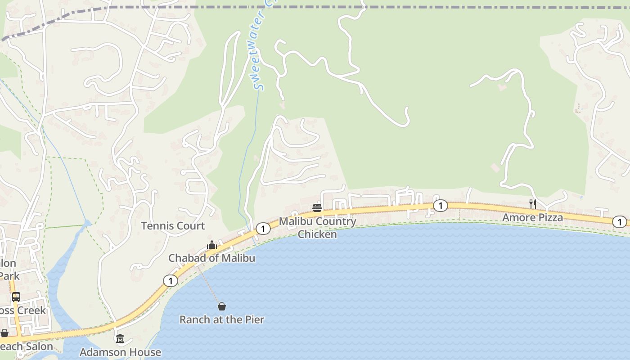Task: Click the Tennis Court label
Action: click(173, 226)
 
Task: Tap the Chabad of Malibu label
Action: click(211, 258)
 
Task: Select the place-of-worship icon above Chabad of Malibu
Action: click(211, 245)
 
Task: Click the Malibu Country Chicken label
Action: click(317, 228)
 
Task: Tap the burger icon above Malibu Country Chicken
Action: click(317, 207)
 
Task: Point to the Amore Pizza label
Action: click(532, 218)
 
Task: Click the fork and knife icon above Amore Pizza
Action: click(532, 204)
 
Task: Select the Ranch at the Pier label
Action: click(221, 319)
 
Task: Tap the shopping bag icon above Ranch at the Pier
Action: click(221, 307)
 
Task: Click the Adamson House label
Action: click(120, 352)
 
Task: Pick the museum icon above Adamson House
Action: click(120, 338)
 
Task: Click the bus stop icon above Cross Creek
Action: click(16, 297)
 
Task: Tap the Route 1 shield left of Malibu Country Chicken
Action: click(263, 229)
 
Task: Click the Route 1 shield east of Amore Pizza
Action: click(620, 222)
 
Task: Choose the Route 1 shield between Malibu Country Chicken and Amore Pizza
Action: click(440, 206)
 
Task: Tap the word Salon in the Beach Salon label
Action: click(38, 346)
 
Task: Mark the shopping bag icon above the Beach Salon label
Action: click(4, 333)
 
